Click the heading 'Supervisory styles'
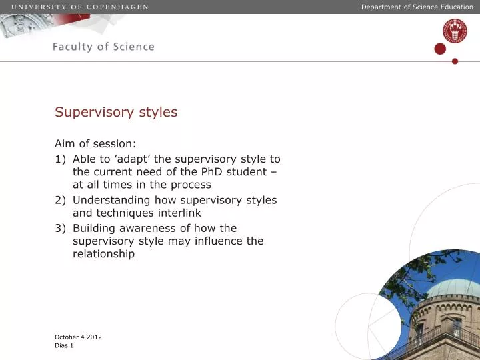point(116,112)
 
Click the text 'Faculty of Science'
point(103,47)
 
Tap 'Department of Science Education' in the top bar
point(417,7)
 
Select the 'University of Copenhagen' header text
point(79,7)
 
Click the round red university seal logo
point(454,31)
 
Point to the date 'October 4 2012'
point(78,337)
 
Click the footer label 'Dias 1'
point(64,346)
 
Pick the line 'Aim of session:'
point(95,143)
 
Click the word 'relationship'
point(103,254)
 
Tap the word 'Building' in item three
point(95,228)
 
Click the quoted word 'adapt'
point(119,159)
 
